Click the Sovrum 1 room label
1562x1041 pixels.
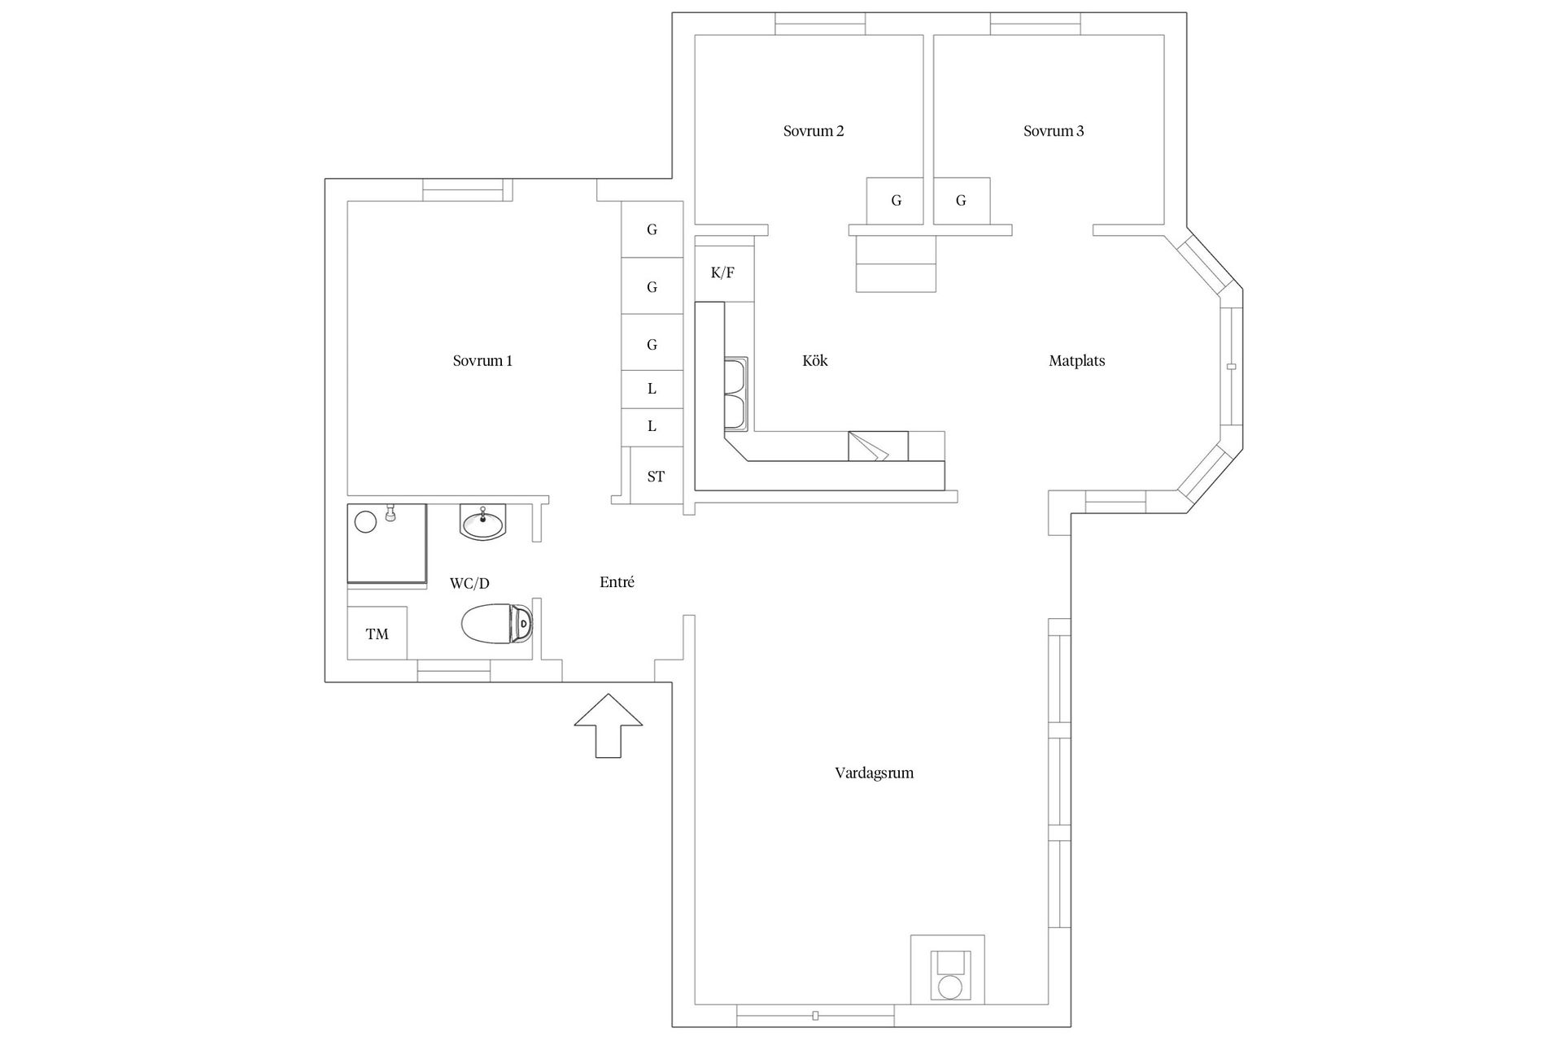pyautogui.click(x=482, y=360)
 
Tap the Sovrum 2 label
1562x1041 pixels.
pyautogui.click(x=814, y=130)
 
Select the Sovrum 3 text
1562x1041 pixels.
pyautogui.click(x=1054, y=130)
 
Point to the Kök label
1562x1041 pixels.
pyautogui.click(x=815, y=360)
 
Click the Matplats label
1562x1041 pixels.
pyautogui.click(x=1077, y=360)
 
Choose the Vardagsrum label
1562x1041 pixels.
pyautogui.click(x=875, y=773)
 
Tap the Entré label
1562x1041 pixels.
pyautogui.click(x=617, y=581)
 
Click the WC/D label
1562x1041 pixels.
pyautogui.click(x=469, y=583)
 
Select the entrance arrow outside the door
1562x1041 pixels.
pyautogui.click(x=609, y=725)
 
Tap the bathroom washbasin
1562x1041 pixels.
pyautogui.click(x=483, y=521)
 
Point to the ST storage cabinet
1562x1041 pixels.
pyautogui.click(x=656, y=476)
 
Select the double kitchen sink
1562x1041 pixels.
pyautogui.click(x=736, y=395)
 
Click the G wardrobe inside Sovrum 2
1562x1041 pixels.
pyautogui.click(x=895, y=201)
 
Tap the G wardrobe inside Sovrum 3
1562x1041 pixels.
pyautogui.click(x=962, y=201)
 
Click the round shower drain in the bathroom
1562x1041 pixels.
pyautogui.click(x=366, y=521)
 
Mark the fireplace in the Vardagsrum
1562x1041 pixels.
pyautogui.click(x=948, y=969)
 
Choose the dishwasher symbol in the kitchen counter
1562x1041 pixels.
pyautogui.click(x=879, y=446)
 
